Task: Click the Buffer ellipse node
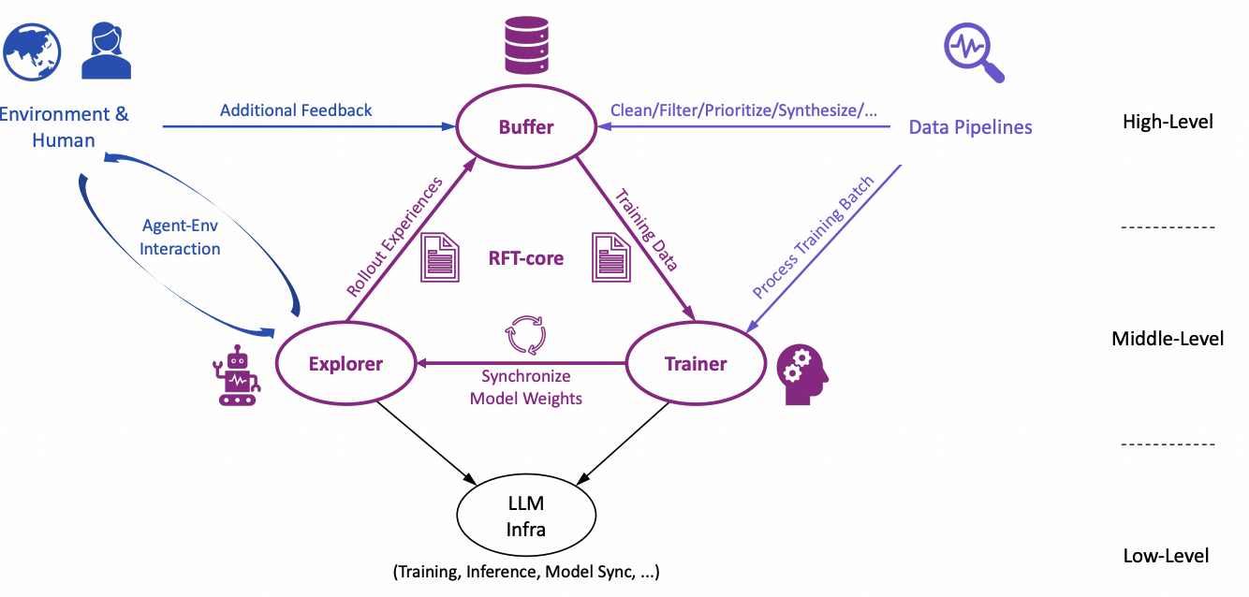click(x=526, y=126)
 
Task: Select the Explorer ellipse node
click(x=345, y=363)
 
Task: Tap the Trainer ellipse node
click(x=696, y=363)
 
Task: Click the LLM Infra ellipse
click(x=526, y=517)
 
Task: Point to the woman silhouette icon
click(x=106, y=51)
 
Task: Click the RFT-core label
click(x=526, y=257)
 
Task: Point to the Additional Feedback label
click(x=296, y=110)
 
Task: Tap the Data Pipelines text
click(x=971, y=127)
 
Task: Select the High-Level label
click(x=1168, y=122)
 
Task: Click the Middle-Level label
click(x=1168, y=339)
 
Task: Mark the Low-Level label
click(x=1166, y=556)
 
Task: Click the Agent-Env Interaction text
click(x=180, y=238)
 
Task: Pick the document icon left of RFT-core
click(x=440, y=257)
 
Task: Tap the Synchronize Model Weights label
click(x=525, y=387)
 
